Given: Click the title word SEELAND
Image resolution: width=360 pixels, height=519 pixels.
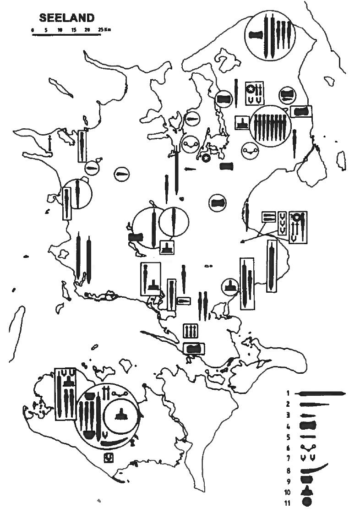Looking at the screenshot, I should point(67,18).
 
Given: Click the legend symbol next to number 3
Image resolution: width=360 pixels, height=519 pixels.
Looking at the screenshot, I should point(307,415).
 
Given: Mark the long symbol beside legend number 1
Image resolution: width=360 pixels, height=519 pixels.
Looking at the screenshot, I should point(321,393).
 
